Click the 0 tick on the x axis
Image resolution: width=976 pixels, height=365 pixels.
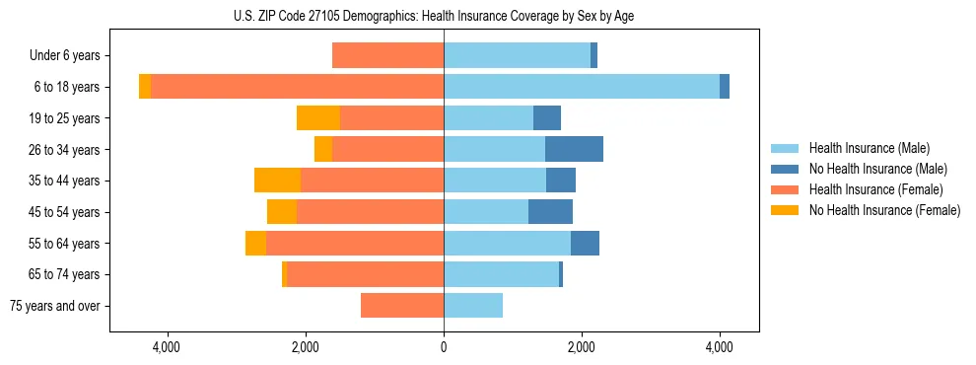click(444, 346)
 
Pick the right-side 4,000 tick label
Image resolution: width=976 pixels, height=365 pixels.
click(719, 346)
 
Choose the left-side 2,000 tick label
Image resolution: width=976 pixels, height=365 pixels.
click(305, 346)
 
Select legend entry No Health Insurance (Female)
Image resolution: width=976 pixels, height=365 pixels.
click(884, 210)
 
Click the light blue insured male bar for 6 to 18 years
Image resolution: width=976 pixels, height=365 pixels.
click(582, 87)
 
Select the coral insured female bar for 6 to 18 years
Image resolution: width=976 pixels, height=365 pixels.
click(297, 87)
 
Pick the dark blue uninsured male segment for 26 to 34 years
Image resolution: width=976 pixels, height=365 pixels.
click(574, 149)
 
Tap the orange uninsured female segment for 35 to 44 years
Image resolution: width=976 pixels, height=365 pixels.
click(277, 181)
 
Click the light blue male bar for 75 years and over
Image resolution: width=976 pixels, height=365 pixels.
click(473, 306)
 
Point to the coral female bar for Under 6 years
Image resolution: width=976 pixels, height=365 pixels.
click(387, 55)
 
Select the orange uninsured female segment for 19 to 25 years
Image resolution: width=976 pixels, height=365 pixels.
click(318, 118)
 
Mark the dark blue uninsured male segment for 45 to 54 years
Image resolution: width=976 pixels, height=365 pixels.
click(550, 212)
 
